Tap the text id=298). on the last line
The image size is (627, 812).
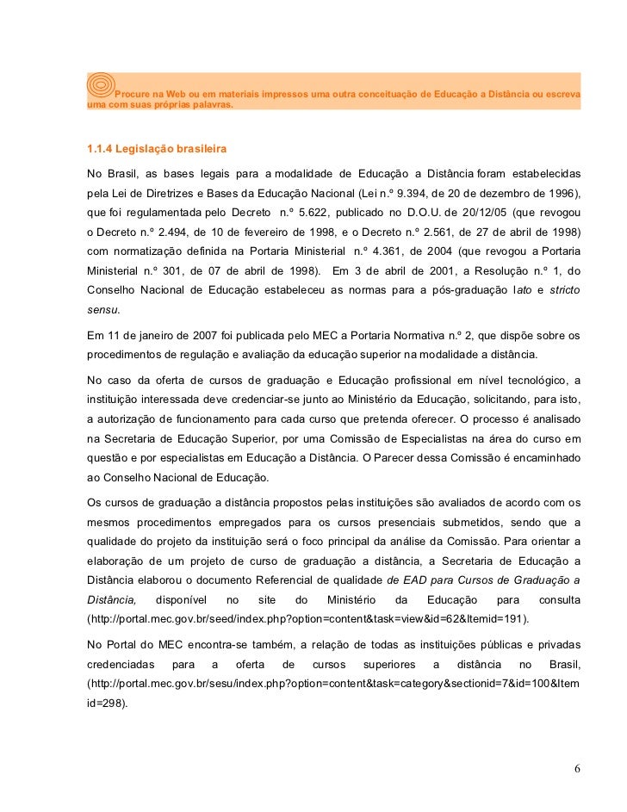(107, 703)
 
